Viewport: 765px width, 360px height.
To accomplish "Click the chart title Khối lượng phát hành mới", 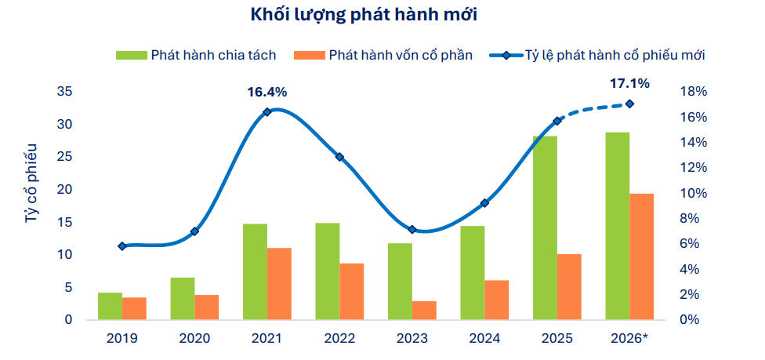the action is [364, 16].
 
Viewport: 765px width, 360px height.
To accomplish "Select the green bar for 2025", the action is [545, 227].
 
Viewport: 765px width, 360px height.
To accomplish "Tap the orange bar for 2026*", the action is [641, 256].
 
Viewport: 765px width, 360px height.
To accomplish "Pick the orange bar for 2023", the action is [424, 310].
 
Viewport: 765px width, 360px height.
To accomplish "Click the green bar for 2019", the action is [111, 306].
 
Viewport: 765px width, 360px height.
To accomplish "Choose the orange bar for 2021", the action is [279, 284].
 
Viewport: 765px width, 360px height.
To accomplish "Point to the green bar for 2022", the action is [328, 271].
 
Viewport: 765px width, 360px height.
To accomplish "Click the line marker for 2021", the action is [266, 112].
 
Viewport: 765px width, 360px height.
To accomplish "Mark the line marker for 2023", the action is [412, 229].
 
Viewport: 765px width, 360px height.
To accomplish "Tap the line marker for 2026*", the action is [629, 104].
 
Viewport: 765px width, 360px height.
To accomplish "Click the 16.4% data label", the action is [266, 92].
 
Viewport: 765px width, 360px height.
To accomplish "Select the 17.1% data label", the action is [629, 83].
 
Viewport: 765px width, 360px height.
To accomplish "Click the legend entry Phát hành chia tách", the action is [196, 55].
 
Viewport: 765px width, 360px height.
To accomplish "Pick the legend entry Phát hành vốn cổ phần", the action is [383, 55].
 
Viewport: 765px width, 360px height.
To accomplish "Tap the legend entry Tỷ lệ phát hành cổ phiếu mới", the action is [597, 55].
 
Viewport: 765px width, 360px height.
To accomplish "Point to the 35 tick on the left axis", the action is [65, 92].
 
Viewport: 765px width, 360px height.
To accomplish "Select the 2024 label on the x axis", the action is [484, 338].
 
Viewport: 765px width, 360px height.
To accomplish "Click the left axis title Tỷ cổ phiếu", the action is [31, 184].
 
